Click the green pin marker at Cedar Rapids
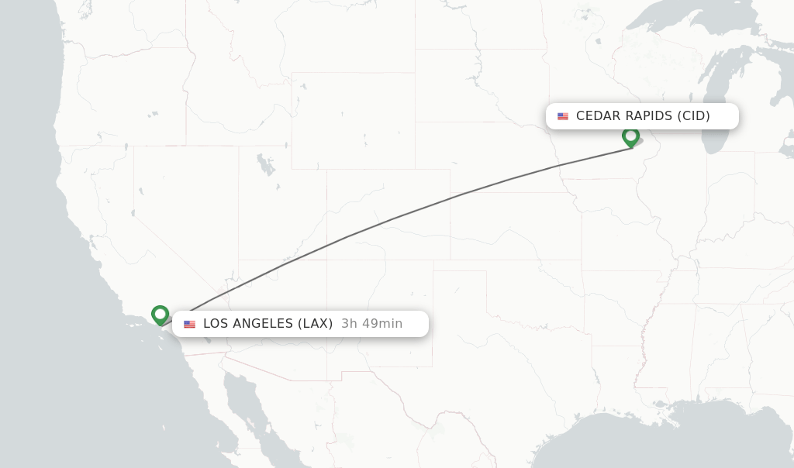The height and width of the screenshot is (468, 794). (631, 137)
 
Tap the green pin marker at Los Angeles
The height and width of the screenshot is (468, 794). (161, 315)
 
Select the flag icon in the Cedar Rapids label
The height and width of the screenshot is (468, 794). (563, 116)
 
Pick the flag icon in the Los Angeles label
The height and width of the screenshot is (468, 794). (190, 324)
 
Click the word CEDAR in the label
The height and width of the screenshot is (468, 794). (599, 116)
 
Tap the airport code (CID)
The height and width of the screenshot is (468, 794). (694, 116)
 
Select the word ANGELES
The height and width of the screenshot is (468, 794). (264, 324)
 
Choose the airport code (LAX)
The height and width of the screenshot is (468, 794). (316, 324)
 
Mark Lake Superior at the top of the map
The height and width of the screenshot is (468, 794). (682, 23)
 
